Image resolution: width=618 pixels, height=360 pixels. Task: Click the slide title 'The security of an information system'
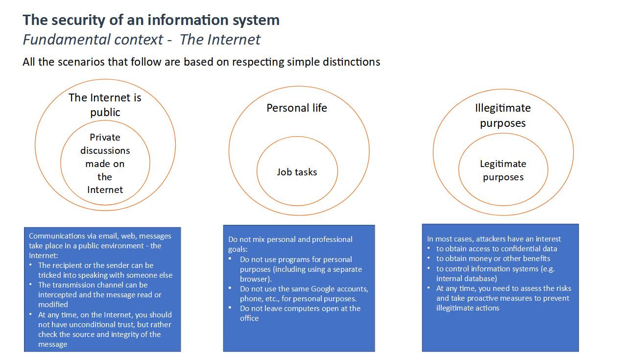point(151,21)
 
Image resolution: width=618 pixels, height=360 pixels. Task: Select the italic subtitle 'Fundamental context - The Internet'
point(142,40)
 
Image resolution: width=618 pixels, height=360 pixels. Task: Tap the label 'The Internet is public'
point(105,105)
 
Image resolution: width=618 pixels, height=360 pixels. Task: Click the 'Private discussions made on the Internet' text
point(105,163)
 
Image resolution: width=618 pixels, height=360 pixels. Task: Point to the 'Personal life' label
point(297,108)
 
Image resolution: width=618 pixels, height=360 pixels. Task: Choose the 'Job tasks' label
point(297,172)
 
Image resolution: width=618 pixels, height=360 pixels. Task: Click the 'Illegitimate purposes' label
point(503,115)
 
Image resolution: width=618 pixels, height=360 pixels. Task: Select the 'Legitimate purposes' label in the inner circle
point(503,170)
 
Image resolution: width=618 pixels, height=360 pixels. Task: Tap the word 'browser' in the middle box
point(255,279)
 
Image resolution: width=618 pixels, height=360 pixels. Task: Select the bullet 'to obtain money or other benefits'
point(493,259)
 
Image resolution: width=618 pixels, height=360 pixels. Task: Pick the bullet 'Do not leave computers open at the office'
point(300,313)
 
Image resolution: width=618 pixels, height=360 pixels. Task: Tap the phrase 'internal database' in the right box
point(467,279)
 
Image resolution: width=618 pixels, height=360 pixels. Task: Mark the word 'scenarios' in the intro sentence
point(82,62)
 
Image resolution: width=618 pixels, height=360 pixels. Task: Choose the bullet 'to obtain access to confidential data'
point(497,249)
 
